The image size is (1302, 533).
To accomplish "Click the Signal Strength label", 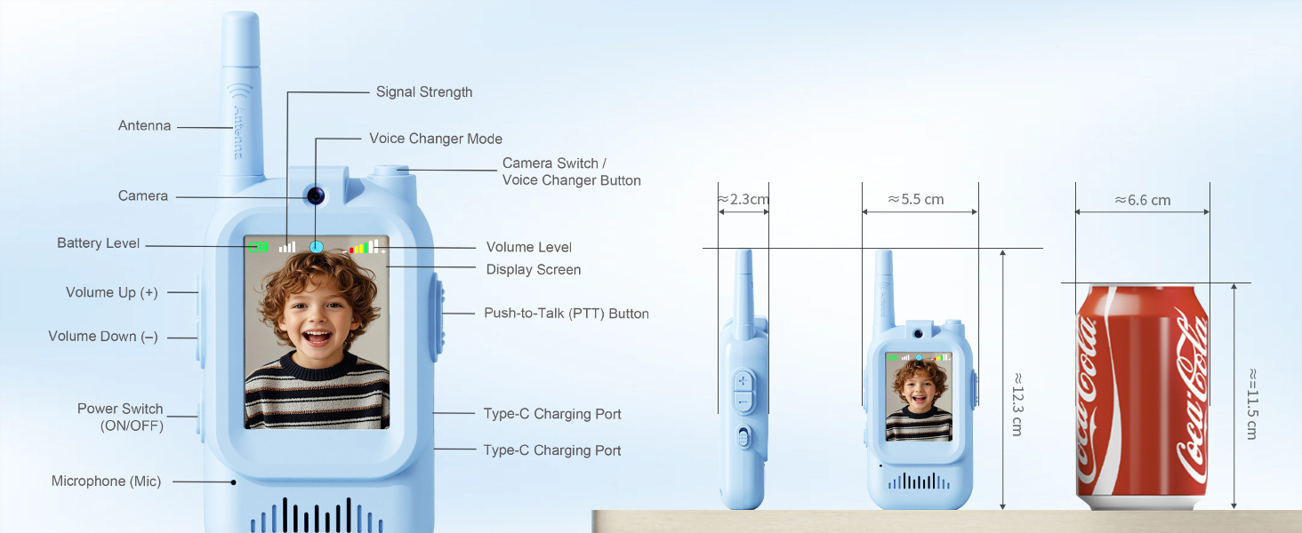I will click(x=423, y=92).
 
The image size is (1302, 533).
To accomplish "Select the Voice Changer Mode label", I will click(x=436, y=139).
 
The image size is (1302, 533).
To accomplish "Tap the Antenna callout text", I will click(x=144, y=126).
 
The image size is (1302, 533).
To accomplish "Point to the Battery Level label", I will click(x=98, y=243).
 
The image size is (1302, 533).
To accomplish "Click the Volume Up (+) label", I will click(x=112, y=292).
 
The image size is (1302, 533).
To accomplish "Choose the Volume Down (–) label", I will click(x=103, y=337).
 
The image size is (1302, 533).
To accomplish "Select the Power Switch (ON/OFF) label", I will click(x=120, y=417).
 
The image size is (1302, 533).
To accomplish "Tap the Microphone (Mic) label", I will click(x=106, y=481).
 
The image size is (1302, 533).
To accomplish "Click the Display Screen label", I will click(x=534, y=270).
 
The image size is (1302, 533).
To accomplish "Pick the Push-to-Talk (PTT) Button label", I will click(x=567, y=314).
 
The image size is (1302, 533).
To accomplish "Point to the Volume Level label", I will click(x=529, y=248).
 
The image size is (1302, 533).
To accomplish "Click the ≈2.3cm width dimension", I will click(x=743, y=200).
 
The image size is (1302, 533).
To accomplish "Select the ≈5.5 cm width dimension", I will click(x=916, y=200).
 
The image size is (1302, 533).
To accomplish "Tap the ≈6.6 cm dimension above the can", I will click(x=1143, y=201).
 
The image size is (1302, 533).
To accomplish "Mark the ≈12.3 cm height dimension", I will click(x=1017, y=403).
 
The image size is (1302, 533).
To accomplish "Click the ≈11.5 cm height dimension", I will click(x=1252, y=403).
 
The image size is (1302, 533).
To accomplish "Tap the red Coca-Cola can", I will click(x=1142, y=395).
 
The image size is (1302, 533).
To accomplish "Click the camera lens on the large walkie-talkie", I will click(x=315, y=195).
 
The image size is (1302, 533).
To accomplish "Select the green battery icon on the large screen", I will click(x=258, y=247).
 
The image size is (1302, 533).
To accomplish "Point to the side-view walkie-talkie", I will click(x=743, y=400).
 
